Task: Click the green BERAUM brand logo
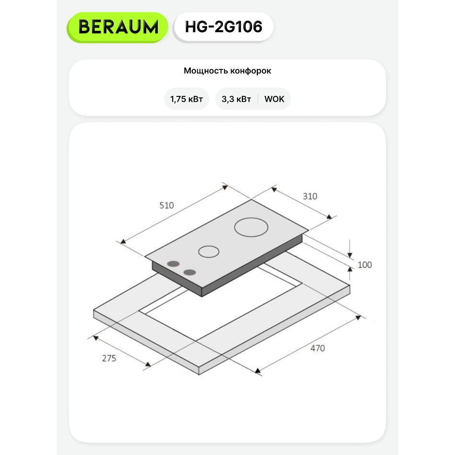(x=117, y=27)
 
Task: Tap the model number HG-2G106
(x=224, y=27)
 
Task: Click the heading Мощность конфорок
(x=227, y=71)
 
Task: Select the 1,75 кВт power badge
(x=187, y=99)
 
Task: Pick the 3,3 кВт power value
(x=236, y=99)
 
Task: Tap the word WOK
(x=274, y=99)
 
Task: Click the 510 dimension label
(x=167, y=205)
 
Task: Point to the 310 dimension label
(x=310, y=196)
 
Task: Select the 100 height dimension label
(x=365, y=265)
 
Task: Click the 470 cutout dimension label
(x=317, y=348)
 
